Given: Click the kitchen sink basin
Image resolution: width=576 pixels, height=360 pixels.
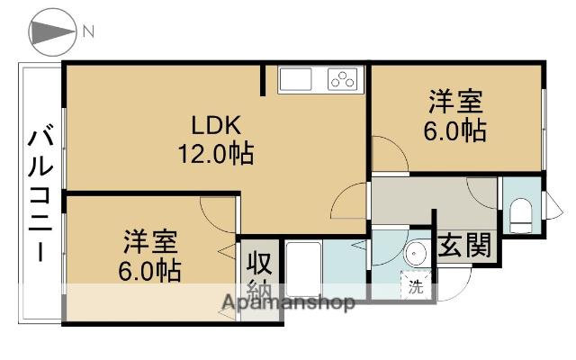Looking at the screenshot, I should pos(298,79).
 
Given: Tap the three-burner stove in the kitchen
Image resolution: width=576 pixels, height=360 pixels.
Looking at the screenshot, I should pos(342,79).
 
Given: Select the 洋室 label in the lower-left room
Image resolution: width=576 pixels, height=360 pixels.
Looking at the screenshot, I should pos(150,240).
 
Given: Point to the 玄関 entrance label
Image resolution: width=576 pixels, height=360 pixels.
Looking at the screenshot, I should pos(464,244).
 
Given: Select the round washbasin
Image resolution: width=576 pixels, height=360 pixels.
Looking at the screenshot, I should pos(416,253).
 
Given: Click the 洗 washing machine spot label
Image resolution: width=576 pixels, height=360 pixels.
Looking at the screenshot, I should pos(415,289).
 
